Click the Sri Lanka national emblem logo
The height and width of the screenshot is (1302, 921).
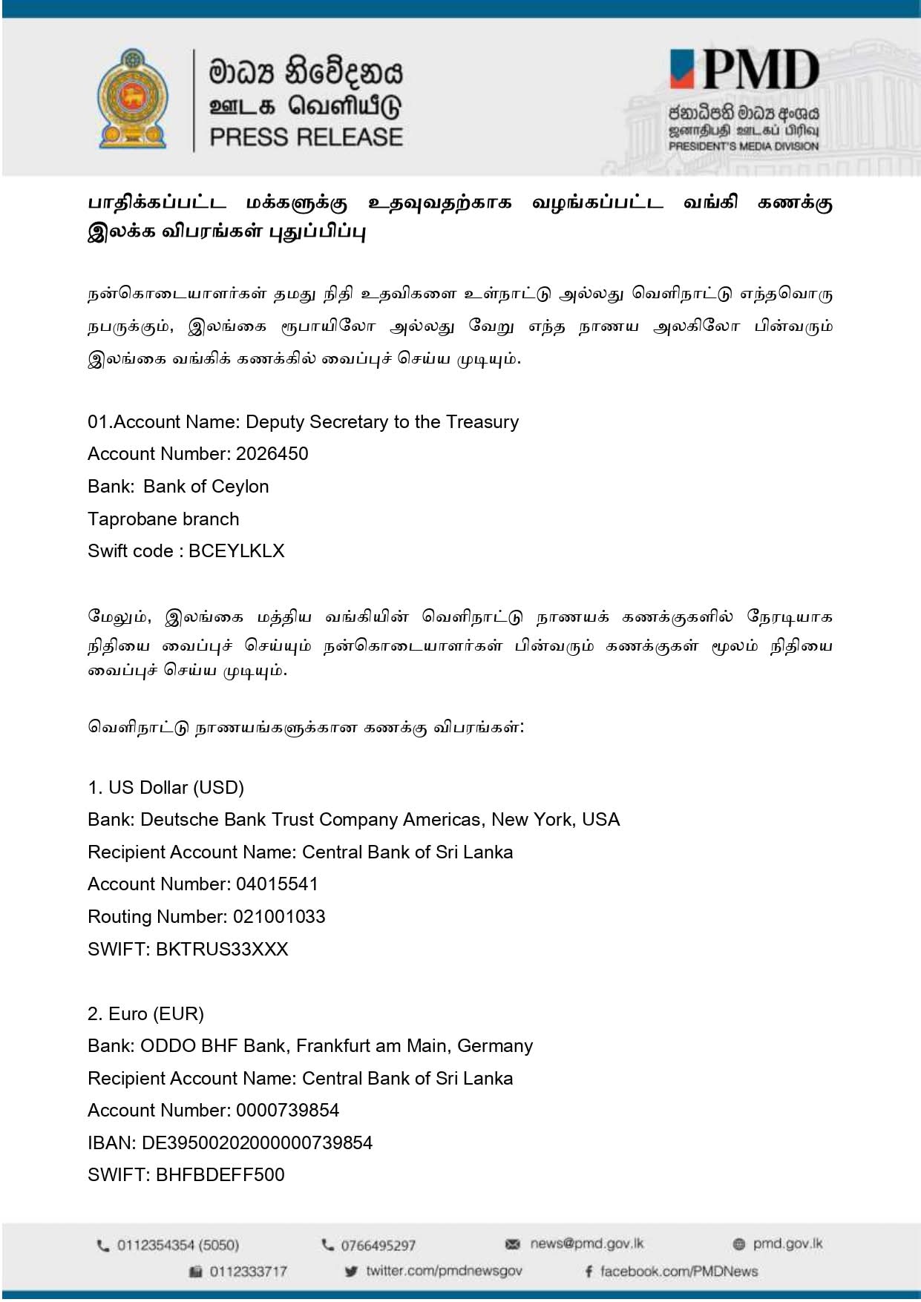point(132,99)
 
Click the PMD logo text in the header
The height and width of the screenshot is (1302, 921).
point(746,71)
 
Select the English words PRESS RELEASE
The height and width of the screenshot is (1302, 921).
point(306,137)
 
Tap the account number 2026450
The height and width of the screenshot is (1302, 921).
point(272,454)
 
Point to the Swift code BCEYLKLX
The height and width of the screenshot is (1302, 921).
point(237,551)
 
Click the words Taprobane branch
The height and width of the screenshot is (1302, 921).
point(163,519)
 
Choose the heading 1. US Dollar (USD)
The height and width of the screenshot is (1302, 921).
point(165,787)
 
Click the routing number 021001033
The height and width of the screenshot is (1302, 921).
point(279,917)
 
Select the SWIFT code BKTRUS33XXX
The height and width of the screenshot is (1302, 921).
point(222,950)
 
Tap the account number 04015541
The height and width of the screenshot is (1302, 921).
point(277,884)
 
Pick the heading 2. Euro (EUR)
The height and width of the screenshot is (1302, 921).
point(145,1014)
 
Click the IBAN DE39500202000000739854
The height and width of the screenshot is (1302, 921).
point(257,1143)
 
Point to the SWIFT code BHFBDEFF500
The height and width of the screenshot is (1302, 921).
point(220,1175)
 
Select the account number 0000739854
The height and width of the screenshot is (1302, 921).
point(287,1111)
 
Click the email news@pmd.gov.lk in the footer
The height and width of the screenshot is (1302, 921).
point(586,1244)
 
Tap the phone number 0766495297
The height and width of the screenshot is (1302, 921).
point(378,1246)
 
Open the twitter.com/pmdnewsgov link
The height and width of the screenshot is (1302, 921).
point(443,1271)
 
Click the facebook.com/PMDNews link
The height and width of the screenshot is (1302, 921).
point(678,1272)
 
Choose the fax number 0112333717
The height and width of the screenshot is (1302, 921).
point(248,1272)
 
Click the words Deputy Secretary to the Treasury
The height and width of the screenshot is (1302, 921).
point(382,422)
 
